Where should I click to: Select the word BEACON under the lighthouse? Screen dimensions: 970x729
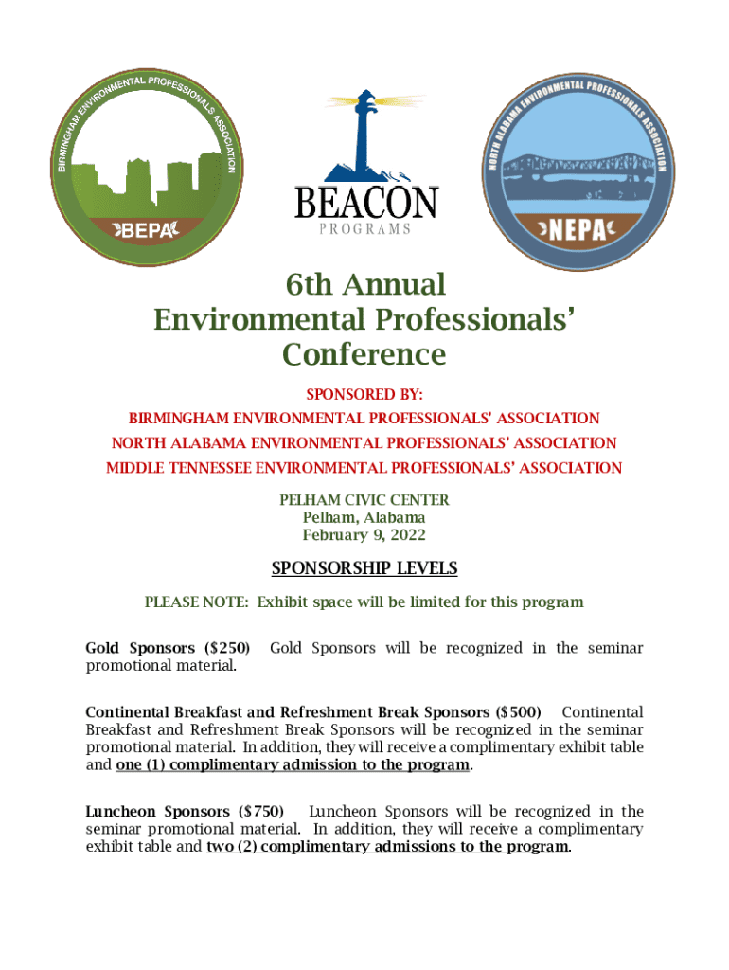(x=364, y=203)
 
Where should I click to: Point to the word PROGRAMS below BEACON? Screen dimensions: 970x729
(x=364, y=229)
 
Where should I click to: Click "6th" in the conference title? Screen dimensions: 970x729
(x=311, y=284)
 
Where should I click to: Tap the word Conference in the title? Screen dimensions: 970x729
(x=364, y=354)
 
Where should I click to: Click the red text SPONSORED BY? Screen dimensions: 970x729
(x=364, y=393)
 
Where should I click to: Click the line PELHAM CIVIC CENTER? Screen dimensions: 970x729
(x=364, y=499)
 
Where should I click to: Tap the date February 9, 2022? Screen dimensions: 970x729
(x=364, y=535)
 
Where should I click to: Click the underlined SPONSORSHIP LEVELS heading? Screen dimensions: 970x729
(x=364, y=568)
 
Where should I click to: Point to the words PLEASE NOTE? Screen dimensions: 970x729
(x=197, y=602)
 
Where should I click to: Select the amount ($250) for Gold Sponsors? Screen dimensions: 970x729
(x=227, y=648)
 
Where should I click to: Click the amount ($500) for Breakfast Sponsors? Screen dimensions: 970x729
(x=519, y=711)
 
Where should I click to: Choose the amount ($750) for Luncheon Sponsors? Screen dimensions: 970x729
(x=260, y=811)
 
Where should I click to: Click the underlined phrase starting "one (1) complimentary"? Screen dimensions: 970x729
(x=293, y=765)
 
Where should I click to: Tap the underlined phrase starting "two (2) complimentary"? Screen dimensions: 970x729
(x=388, y=847)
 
